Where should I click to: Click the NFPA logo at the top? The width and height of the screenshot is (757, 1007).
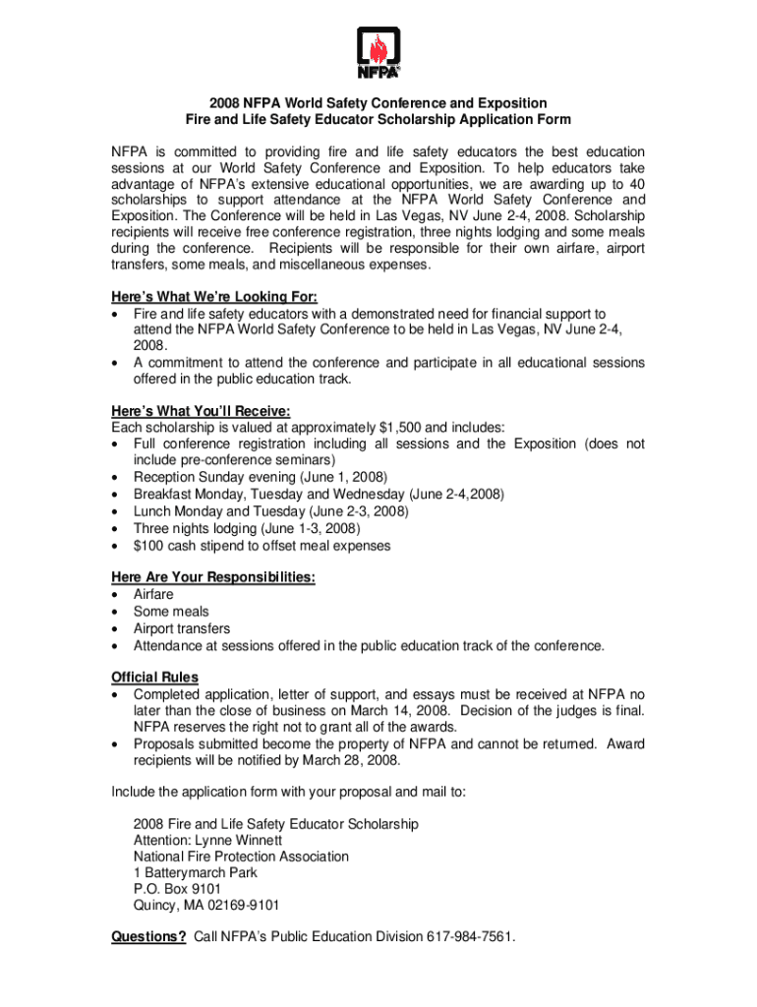(x=378, y=53)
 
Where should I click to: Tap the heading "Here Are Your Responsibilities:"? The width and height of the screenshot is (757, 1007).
(x=212, y=577)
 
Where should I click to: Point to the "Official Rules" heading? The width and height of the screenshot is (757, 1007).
(x=154, y=677)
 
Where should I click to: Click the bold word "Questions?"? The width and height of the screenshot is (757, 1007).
(x=148, y=937)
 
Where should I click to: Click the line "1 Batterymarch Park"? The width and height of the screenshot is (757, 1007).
(x=195, y=872)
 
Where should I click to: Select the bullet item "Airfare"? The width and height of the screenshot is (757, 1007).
(x=153, y=595)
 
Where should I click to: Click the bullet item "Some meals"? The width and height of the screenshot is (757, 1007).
(x=171, y=612)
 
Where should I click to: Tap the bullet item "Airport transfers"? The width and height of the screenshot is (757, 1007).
(x=182, y=628)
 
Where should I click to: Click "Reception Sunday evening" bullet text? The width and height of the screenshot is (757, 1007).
(x=214, y=477)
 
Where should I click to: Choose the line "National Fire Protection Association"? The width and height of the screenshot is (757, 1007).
(x=240, y=857)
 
